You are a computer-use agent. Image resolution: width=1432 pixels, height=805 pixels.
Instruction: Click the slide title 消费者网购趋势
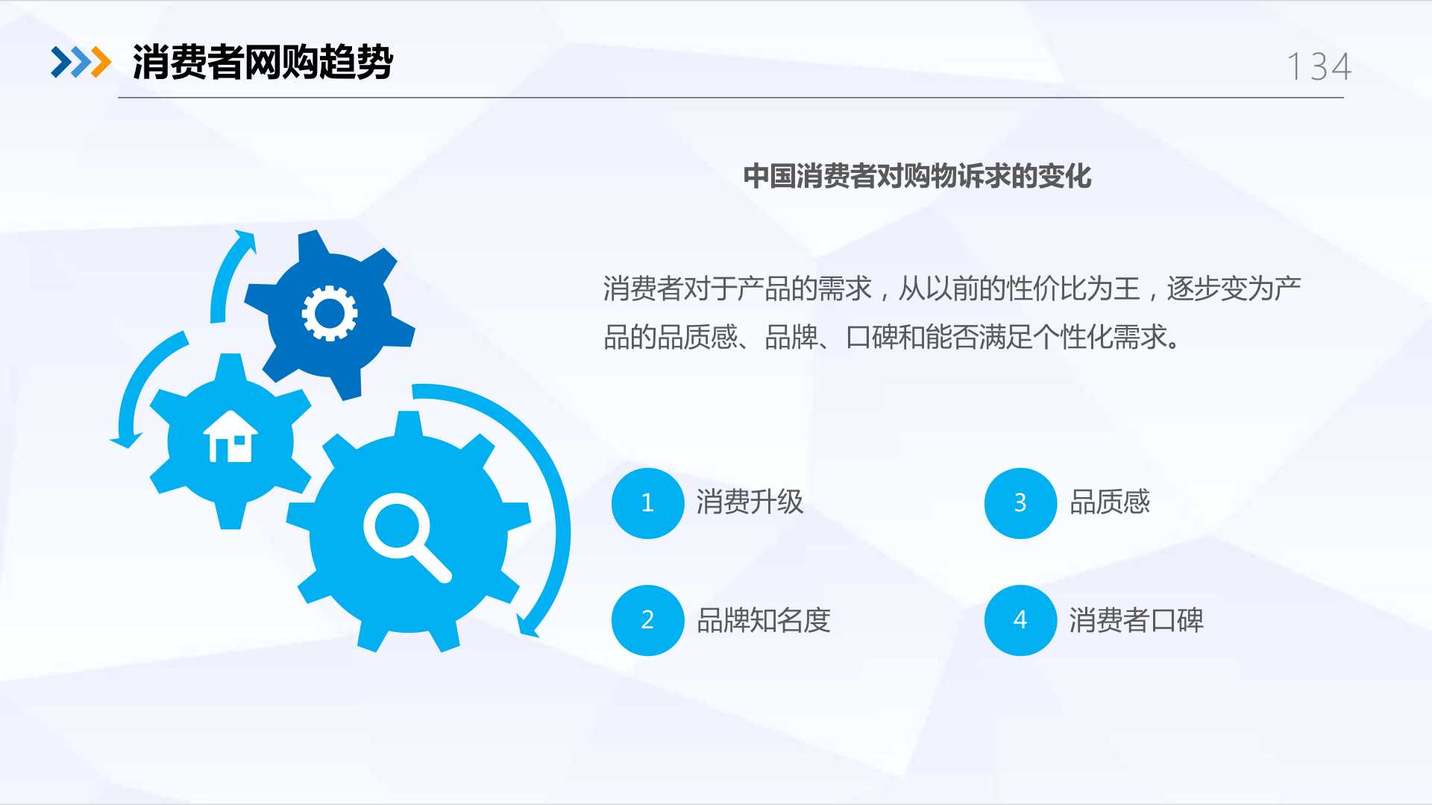click(x=263, y=62)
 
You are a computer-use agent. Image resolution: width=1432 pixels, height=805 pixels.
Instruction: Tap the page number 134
click(x=1319, y=66)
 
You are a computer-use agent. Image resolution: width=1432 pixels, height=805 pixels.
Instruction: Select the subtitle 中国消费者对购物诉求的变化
click(x=917, y=177)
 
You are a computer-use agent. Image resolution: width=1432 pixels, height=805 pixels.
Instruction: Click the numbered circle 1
click(x=647, y=503)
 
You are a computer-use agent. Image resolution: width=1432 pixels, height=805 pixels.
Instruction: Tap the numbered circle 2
click(x=647, y=620)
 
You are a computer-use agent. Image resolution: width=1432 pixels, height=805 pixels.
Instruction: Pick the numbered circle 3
click(x=1020, y=503)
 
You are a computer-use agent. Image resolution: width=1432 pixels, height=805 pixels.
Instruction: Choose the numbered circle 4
click(x=1020, y=620)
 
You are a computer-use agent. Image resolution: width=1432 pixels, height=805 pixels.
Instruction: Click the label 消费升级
click(x=750, y=502)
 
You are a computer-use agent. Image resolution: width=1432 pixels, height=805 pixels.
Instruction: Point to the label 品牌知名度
click(x=764, y=620)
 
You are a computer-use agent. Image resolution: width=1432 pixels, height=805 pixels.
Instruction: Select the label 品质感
click(x=1110, y=502)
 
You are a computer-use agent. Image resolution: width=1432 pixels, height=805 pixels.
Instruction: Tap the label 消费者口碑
click(x=1137, y=620)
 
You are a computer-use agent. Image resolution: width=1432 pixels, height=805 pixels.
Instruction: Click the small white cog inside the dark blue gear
click(x=330, y=314)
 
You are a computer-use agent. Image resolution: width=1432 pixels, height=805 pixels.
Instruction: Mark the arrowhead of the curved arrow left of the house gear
click(x=126, y=441)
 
